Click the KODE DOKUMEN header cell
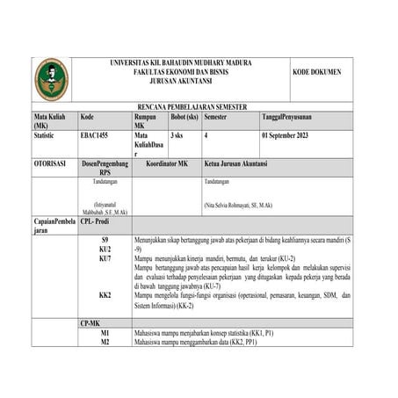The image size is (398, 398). coord(317,71)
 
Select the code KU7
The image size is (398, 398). coord(105,259)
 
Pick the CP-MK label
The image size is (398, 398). coord(90,324)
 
